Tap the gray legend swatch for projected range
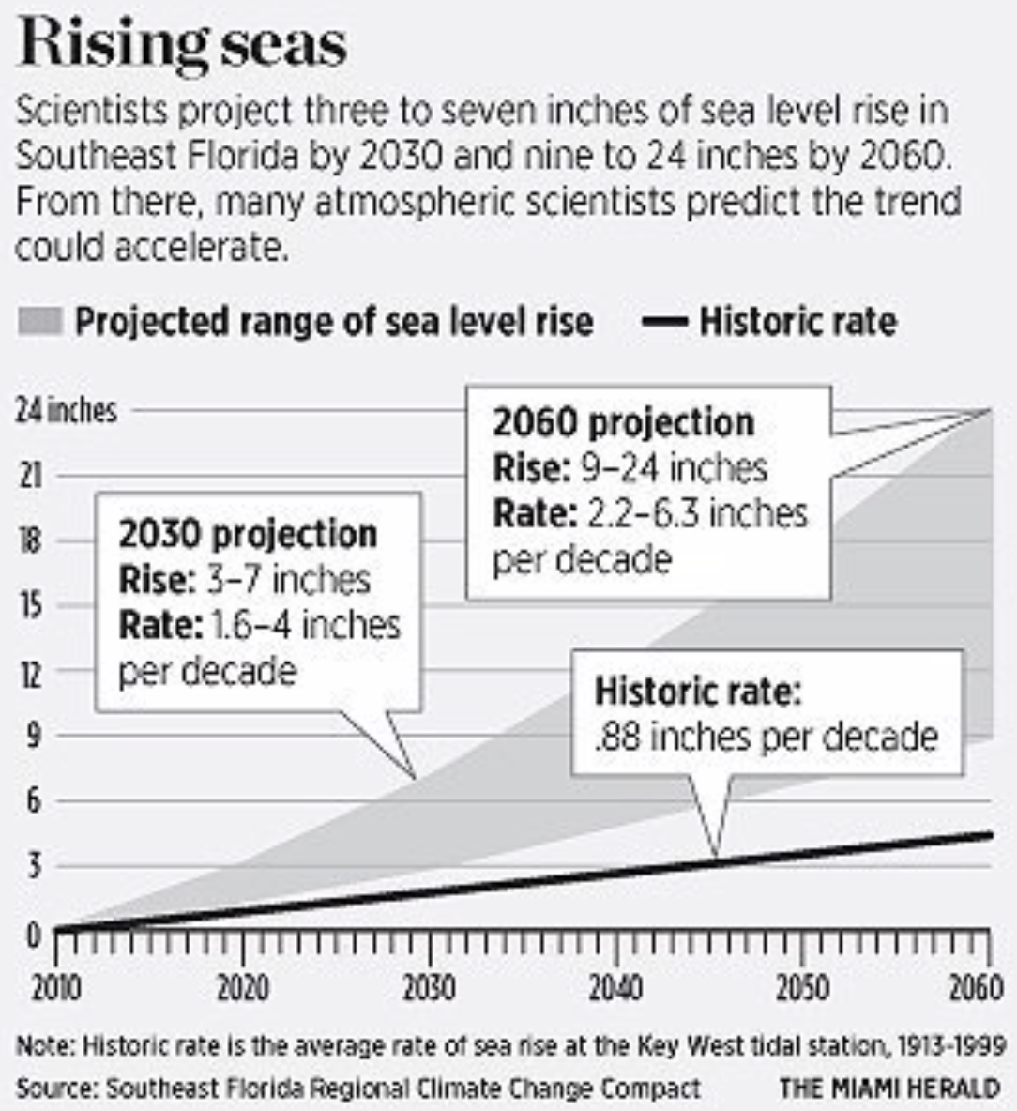point(40,322)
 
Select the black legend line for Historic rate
point(665,322)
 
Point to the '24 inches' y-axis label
point(67,411)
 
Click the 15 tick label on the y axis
point(30,605)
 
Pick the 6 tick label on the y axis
point(34,800)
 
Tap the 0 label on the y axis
point(34,935)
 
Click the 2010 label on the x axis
point(56,988)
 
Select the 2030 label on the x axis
point(429,988)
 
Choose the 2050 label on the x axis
point(801,988)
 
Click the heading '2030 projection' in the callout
point(248,534)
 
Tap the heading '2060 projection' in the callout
point(623,422)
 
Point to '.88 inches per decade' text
point(766,737)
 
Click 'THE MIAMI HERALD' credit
point(889,1088)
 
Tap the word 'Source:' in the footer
point(57,1088)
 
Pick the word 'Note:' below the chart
point(48,1044)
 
